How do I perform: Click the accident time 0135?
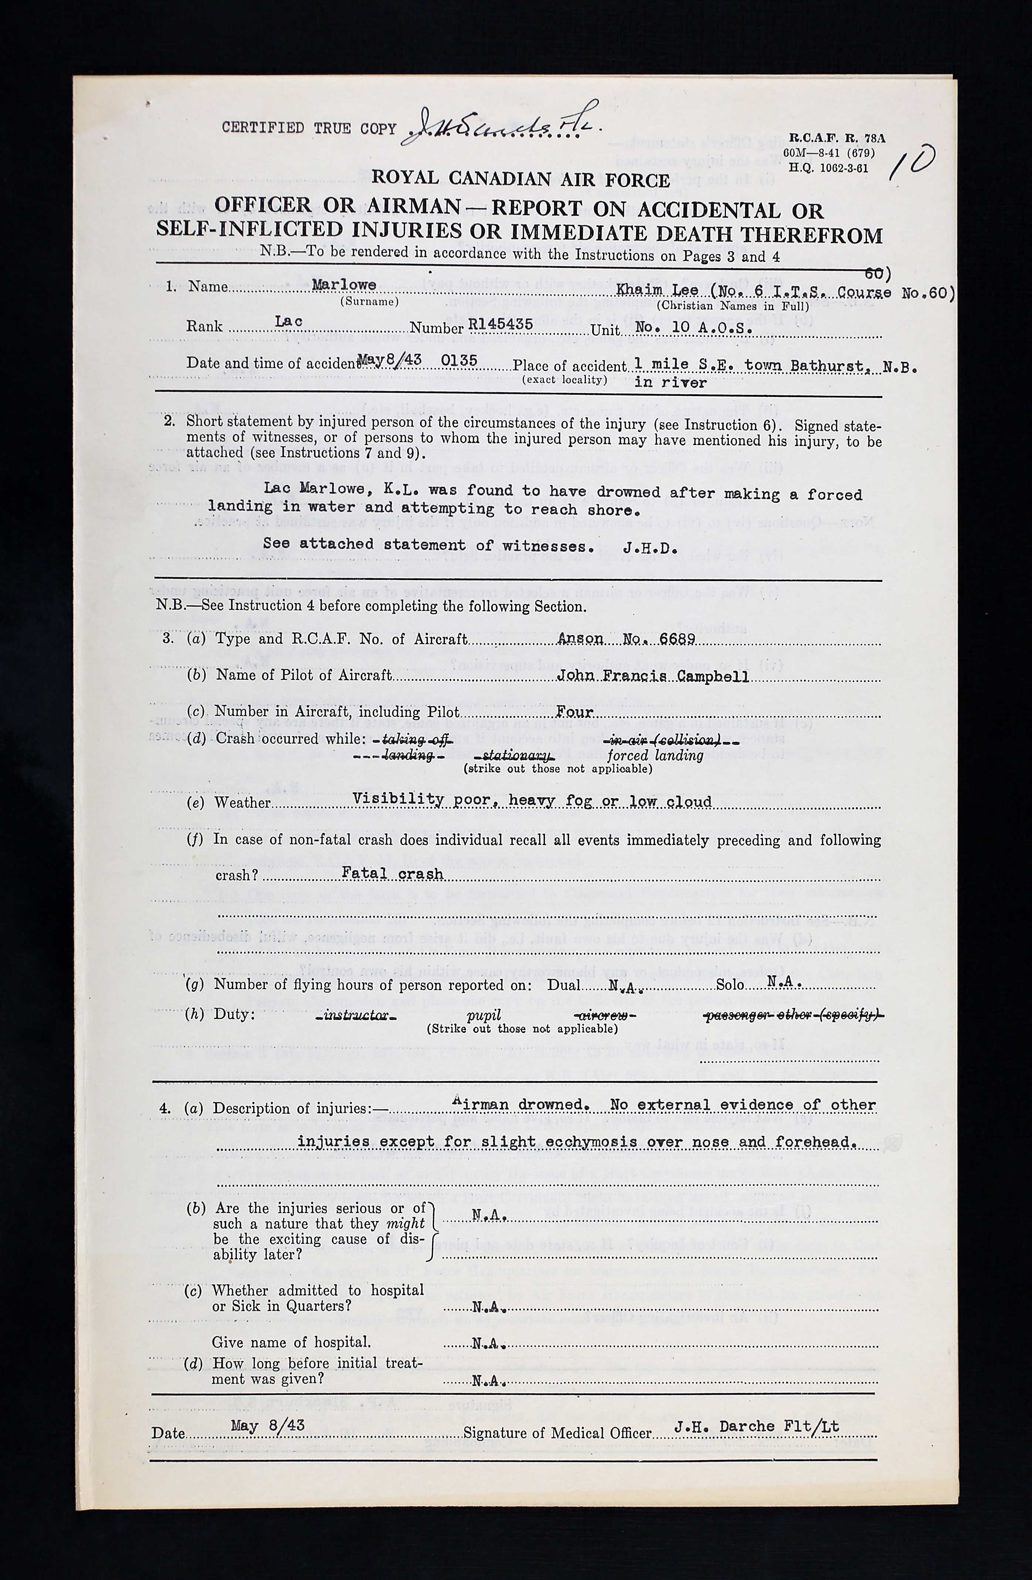[459, 361]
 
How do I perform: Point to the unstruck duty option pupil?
[484, 1016]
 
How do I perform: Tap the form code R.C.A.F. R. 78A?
[836, 139]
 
